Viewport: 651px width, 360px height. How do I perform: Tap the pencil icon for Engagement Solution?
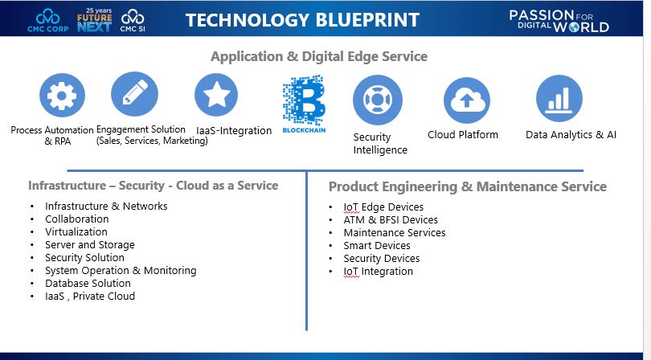coord(134,95)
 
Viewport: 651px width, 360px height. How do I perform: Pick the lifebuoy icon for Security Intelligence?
coord(377,100)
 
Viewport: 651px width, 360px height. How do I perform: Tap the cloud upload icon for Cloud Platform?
coord(466,100)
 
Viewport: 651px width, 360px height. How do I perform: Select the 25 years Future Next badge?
coord(94,19)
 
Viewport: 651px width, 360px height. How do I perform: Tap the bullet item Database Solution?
coord(88,283)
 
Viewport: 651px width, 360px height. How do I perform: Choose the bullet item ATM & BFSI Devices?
coord(391,219)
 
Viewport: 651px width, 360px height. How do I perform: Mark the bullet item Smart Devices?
coord(377,245)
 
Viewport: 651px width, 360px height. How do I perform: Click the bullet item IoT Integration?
coord(378,271)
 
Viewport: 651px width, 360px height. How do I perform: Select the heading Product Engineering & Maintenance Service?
coord(468,186)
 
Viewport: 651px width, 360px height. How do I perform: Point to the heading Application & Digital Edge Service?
coord(319,56)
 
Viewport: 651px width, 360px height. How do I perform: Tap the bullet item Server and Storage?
coord(90,244)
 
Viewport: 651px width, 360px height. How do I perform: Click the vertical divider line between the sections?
coord(306,257)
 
